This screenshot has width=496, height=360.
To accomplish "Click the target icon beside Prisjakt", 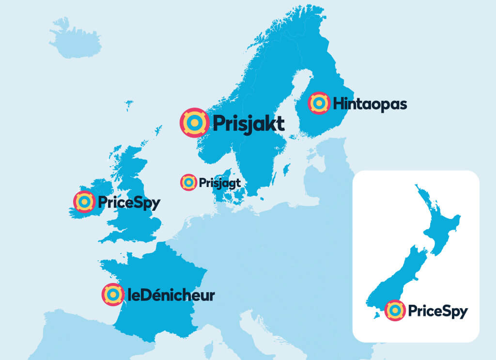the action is point(194,122).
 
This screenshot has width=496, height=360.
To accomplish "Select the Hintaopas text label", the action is point(370,104).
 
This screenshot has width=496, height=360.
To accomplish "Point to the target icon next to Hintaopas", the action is point(319,103).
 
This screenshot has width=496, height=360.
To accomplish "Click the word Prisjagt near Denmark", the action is point(219,183).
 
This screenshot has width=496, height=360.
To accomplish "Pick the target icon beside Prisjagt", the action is point(188,182).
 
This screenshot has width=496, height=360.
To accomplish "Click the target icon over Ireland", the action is point(84,201).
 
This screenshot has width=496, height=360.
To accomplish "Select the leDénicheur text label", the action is point(170,295).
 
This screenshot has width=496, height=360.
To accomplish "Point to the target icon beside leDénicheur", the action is point(112,294).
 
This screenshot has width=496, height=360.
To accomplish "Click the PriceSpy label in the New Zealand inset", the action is point(437,311).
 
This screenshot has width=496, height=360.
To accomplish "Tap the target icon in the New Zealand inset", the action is point(395,310).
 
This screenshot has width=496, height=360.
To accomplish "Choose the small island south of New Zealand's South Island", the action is point(376,316).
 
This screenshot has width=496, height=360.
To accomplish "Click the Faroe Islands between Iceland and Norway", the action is point(129,104).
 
